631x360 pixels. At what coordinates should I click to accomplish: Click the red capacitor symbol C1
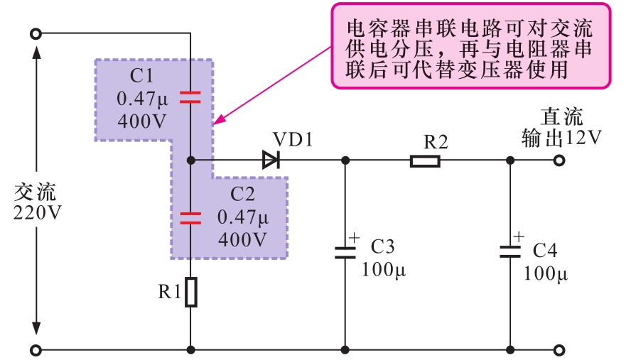(x=190, y=97)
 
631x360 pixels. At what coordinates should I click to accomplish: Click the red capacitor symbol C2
(x=190, y=217)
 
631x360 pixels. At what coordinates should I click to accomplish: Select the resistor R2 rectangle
(x=425, y=161)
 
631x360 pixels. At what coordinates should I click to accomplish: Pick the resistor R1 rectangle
(x=190, y=293)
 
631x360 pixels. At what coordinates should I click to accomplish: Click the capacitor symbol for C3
(x=345, y=251)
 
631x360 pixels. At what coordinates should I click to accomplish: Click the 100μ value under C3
(x=384, y=271)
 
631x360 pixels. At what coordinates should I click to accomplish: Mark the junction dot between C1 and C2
(x=190, y=160)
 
